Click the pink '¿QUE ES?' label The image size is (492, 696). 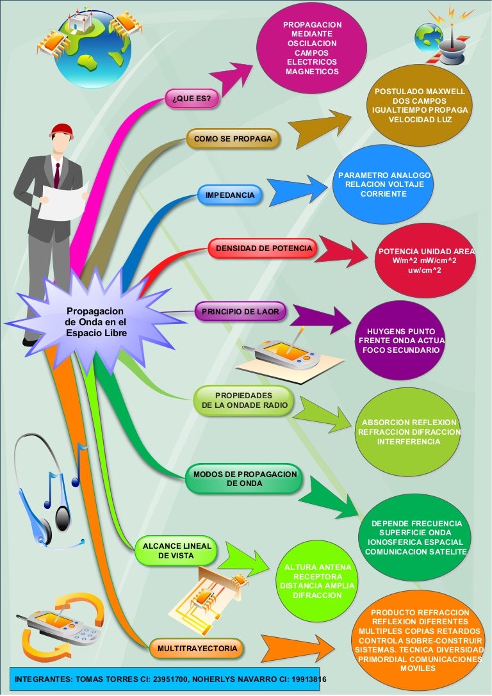(192, 99)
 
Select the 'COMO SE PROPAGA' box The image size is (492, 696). (233, 139)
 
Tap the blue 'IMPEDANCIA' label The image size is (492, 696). (230, 195)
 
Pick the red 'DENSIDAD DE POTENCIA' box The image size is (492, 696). (263, 248)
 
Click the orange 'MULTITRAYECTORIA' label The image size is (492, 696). (197, 649)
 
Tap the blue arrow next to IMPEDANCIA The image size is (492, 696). (288, 191)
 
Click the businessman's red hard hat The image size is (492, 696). (61, 129)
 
